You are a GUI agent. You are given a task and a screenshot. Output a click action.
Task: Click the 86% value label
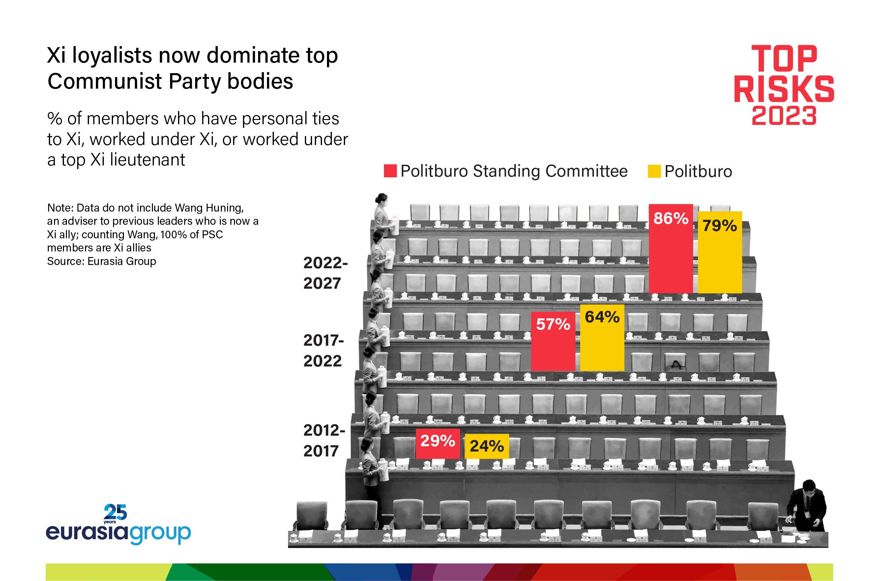[x=670, y=218]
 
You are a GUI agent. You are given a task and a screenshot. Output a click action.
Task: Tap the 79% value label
[x=720, y=226]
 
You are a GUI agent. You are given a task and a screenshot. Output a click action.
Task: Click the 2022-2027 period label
[x=325, y=273]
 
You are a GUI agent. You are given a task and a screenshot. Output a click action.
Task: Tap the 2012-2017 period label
[x=324, y=441]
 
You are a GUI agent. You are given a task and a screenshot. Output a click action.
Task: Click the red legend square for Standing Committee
[x=390, y=171]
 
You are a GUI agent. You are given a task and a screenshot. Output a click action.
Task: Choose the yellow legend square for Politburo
[x=654, y=171]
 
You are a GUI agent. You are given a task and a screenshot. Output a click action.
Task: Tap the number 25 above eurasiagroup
[x=115, y=512]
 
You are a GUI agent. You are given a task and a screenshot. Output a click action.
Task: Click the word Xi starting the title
[x=56, y=56]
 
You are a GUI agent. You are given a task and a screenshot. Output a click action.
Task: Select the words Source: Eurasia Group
[x=102, y=261]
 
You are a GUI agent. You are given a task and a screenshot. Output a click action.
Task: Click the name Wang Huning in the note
[x=209, y=208]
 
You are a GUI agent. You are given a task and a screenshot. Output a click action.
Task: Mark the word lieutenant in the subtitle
[x=147, y=160]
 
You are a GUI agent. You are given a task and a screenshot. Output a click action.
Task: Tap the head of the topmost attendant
[x=382, y=199]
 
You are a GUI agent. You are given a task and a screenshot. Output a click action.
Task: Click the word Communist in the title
[x=105, y=81]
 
